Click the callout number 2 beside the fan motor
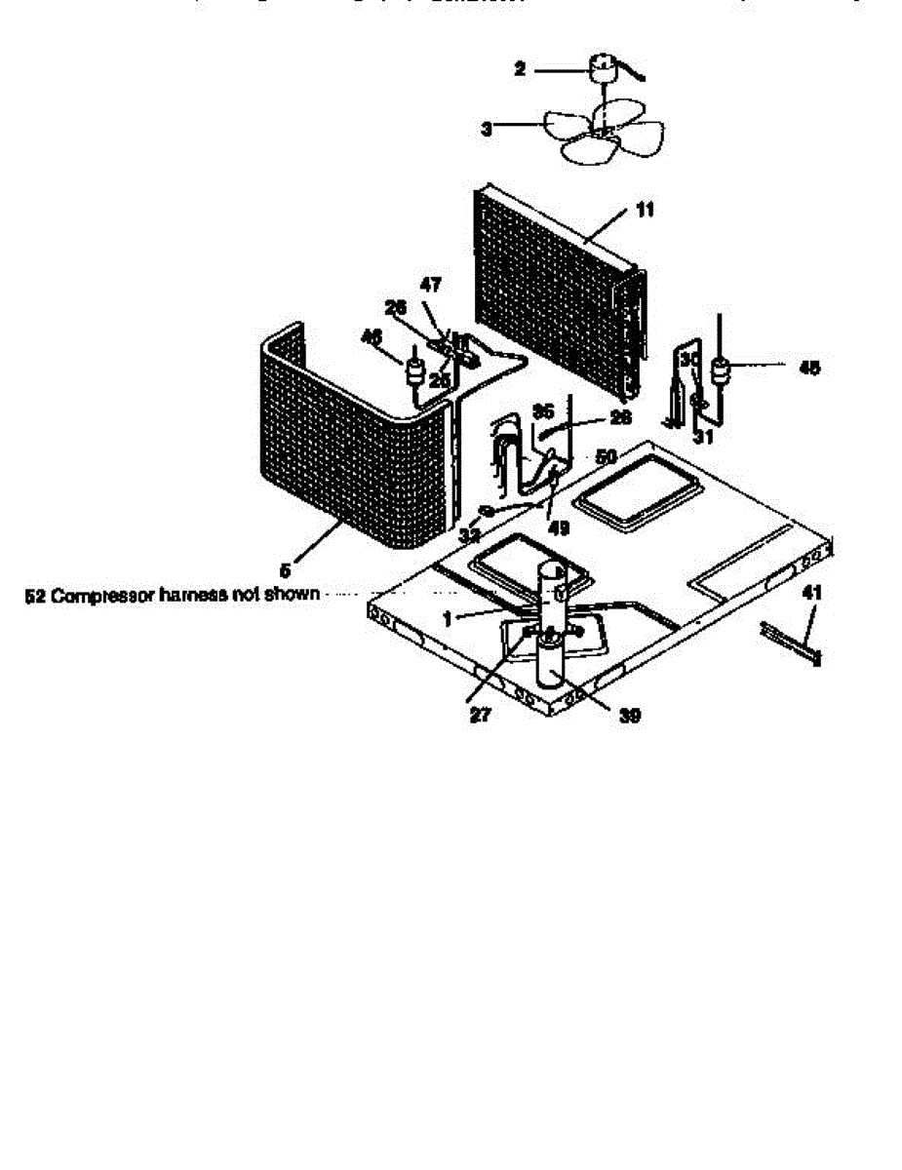[x=520, y=69]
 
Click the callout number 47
[x=430, y=285]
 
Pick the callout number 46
[x=371, y=336]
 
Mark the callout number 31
[x=703, y=437]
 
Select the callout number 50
[x=607, y=456]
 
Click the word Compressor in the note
[x=98, y=594]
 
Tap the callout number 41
[x=810, y=592]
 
